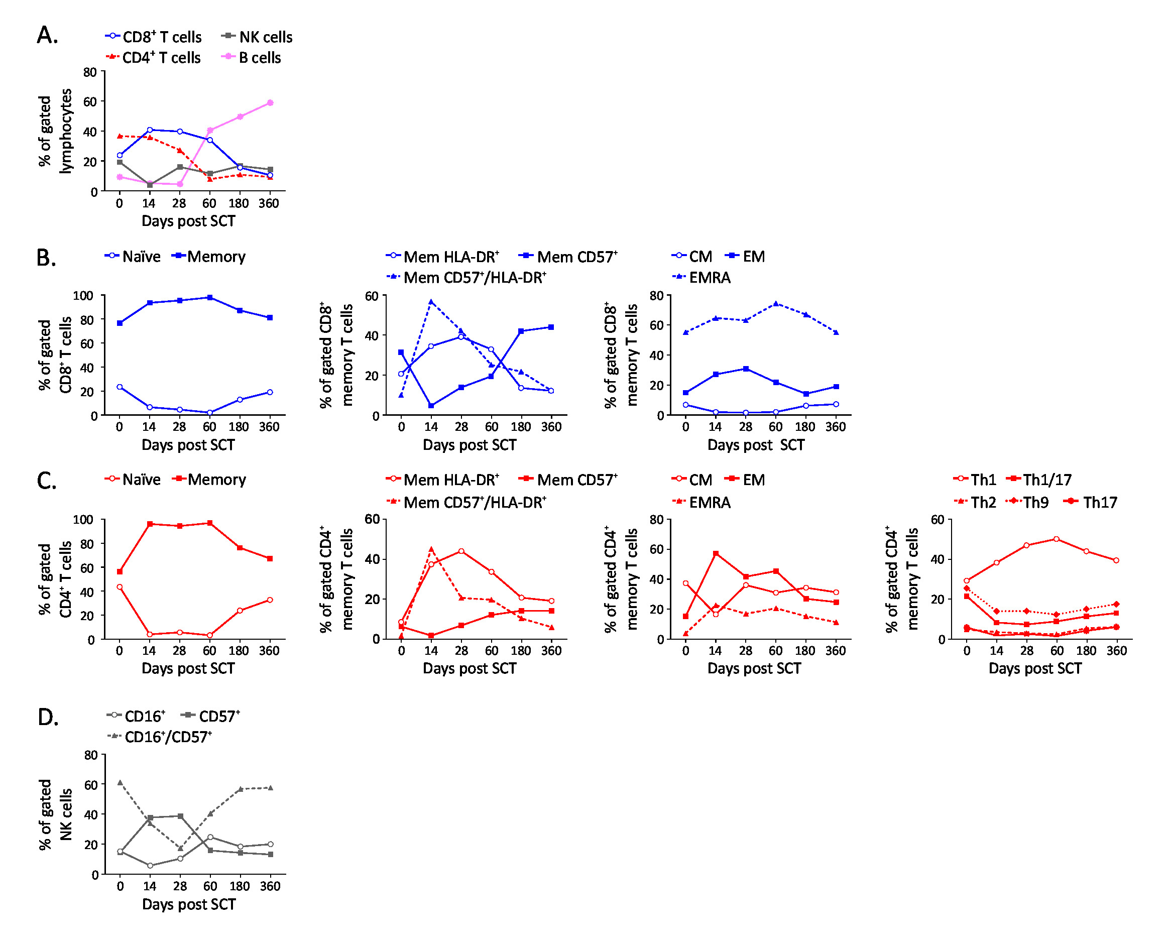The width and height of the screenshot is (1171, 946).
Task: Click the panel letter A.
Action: (47, 36)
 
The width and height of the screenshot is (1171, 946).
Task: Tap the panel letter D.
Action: (47, 718)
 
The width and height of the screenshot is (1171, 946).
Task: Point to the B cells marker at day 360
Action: (270, 103)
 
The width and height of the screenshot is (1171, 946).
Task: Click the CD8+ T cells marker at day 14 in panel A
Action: (149, 130)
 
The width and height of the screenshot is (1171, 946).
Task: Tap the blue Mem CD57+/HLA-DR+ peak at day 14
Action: (431, 301)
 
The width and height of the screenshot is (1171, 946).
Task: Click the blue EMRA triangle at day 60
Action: (775, 303)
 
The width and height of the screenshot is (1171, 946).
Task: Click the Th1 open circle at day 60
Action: (1057, 539)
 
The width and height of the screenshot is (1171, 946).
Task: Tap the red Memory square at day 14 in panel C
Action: (150, 524)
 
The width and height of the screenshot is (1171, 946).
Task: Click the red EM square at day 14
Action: (716, 554)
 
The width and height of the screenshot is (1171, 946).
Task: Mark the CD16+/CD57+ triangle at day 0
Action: (120, 782)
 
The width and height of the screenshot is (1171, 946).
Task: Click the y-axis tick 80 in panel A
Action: (90, 72)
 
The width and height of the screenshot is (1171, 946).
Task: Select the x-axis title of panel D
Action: (188, 905)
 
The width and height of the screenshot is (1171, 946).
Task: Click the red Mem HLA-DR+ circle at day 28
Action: (461, 551)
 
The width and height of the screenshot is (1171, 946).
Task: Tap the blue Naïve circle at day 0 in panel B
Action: (120, 388)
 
